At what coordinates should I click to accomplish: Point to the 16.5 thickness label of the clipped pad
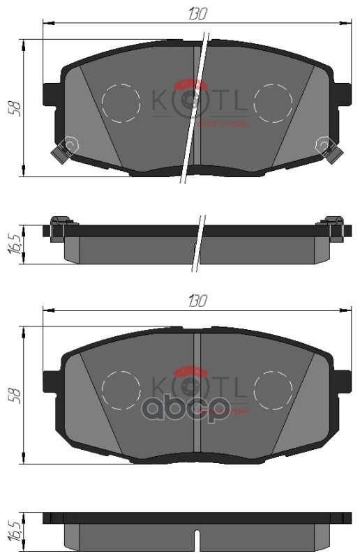[x=13, y=245]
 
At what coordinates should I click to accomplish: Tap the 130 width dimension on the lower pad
[x=197, y=301]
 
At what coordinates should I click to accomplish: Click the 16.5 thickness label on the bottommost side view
[x=13, y=532]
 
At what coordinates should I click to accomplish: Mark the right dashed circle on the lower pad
[x=273, y=391]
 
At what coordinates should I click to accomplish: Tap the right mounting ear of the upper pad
[x=342, y=93]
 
